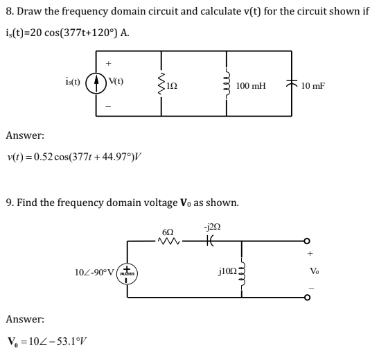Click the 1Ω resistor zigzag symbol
click(x=162, y=85)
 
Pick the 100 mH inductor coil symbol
click(x=224, y=85)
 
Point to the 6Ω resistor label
click(x=167, y=229)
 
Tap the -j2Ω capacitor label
click(x=211, y=227)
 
